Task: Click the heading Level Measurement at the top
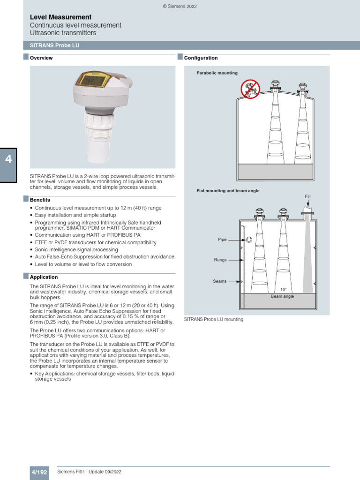click(x=60, y=17)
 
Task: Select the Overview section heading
click(x=41, y=58)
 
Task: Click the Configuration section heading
click(x=201, y=58)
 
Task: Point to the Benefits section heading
click(x=40, y=200)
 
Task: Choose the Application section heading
click(x=44, y=277)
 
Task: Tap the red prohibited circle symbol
click(x=250, y=89)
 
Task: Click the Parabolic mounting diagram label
click(x=217, y=73)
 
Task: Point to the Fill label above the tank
click(x=307, y=196)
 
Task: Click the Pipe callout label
click(x=222, y=240)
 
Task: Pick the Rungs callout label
click(x=220, y=260)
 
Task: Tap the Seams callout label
click(x=220, y=281)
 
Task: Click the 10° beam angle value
click(x=283, y=290)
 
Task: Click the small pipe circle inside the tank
click(x=249, y=240)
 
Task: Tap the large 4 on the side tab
click(x=8, y=159)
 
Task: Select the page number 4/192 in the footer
click(x=39, y=472)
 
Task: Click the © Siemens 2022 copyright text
click(x=180, y=7)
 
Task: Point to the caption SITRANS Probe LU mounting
click(x=214, y=319)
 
